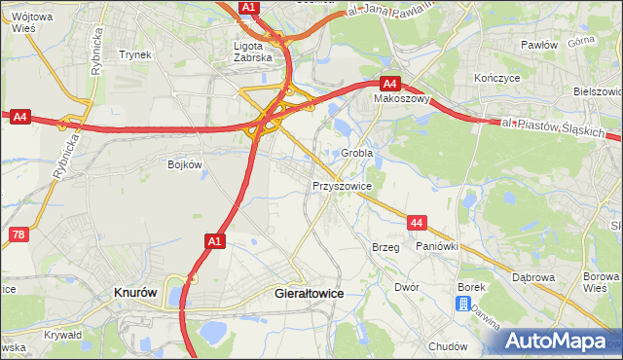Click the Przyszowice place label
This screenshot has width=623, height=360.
[x=342, y=184]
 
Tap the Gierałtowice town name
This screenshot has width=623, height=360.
[x=311, y=292]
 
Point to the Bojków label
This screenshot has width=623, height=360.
[x=184, y=164]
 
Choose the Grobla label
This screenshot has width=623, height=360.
[x=357, y=154]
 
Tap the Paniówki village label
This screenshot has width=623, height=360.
[x=436, y=247]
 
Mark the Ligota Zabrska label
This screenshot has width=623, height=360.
[x=256, y=51]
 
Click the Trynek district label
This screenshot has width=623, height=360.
[x=135, y=54]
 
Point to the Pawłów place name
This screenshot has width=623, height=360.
[x=538, y=45]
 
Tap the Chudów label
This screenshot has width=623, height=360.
[x=448, y=345]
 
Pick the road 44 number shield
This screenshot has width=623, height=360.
[x=417, y=223]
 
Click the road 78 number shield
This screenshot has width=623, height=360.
[x=18, y=234]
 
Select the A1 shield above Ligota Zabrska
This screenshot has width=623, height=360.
[x=250, y=7]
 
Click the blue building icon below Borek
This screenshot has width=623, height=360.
[x=463, y=304]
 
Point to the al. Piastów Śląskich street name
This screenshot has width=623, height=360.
[x=554, y=127]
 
